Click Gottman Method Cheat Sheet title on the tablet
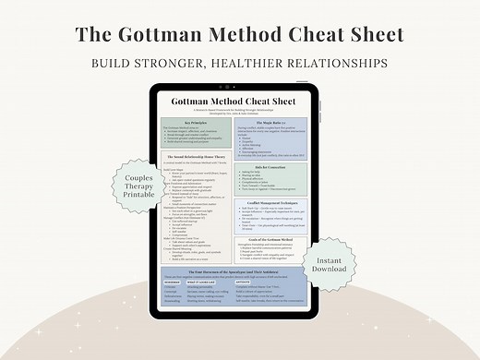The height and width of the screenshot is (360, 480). click(x=240, y=100)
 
